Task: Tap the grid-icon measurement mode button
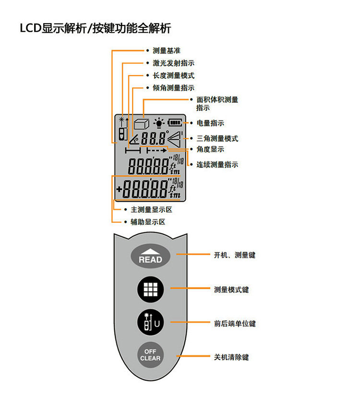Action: coord(150,289)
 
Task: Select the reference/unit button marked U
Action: coord(150,323)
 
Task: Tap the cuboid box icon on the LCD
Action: coord(140,124)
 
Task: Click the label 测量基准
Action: coord(167,50)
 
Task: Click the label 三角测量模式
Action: coord(217,138)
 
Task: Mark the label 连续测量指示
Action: coord(217,165)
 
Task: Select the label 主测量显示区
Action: coord(151,210)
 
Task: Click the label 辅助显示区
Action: coord(148,222)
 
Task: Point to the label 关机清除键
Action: coord(231,357)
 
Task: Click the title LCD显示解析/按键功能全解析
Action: coord(95,28)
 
